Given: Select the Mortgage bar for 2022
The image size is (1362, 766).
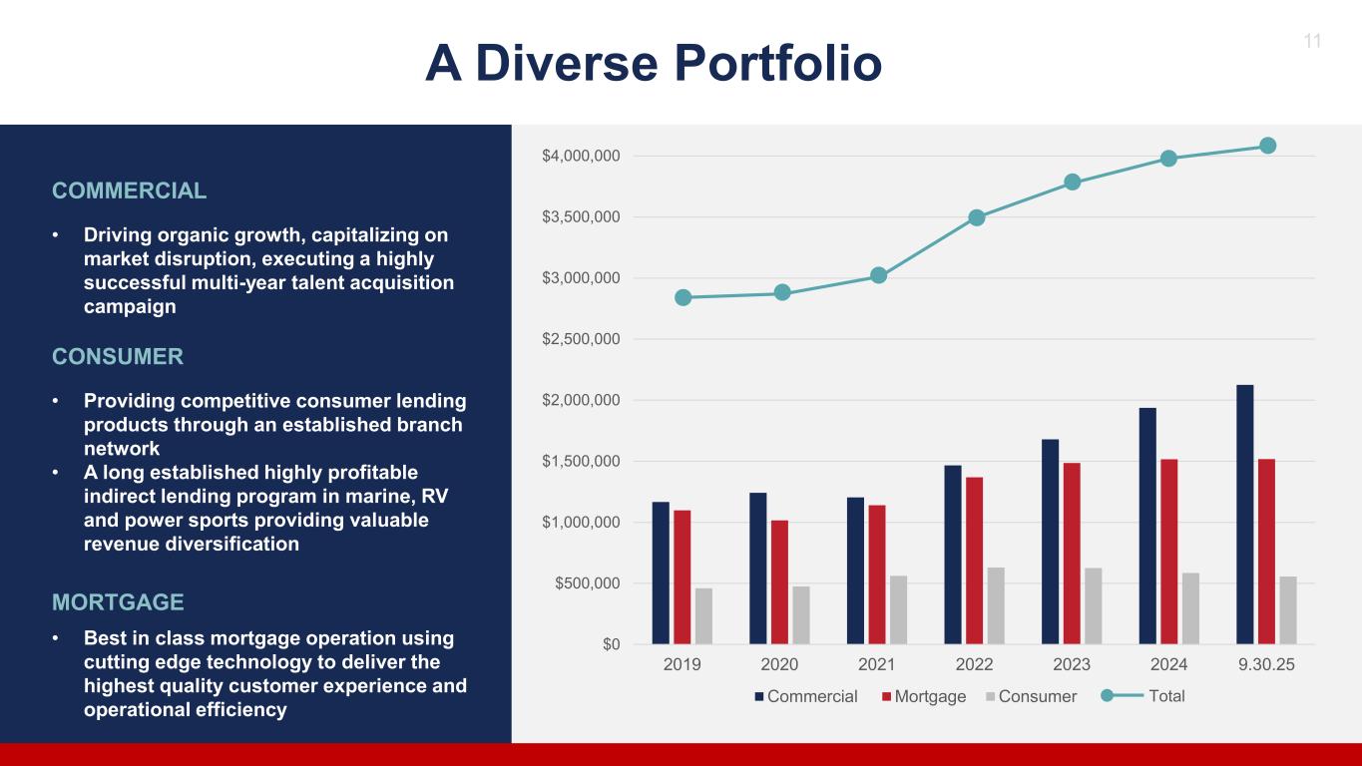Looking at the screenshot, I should tap(974, 561).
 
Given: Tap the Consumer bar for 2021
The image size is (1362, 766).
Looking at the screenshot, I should tap(898, 609).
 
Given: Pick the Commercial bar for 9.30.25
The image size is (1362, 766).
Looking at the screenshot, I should tap(1244, 514).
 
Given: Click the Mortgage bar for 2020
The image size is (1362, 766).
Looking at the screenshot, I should tap(779, 581).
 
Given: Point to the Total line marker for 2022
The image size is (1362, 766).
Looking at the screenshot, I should tap(977, 217).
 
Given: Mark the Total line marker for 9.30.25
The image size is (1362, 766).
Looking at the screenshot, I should tap(1267, 146).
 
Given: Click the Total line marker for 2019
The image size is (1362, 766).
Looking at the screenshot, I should tap(683, 297).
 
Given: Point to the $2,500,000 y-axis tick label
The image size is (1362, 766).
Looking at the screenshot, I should tap(581, 339).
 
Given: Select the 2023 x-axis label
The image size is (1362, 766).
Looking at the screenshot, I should tap(1072, 665).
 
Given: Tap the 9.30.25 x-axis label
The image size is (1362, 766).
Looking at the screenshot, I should tap(1266, 665).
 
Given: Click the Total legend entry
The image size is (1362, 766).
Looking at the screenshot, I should tap(1166, 696).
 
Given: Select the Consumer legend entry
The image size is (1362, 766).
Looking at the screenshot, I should tap(1037, 696).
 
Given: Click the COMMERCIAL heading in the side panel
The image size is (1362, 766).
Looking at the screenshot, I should tap(130, 191).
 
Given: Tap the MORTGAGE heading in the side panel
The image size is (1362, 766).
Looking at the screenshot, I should tap(118, 602).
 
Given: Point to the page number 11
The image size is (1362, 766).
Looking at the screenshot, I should tap(1312, 41).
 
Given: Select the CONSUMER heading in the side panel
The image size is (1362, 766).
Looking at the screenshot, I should tap(118, 357).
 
